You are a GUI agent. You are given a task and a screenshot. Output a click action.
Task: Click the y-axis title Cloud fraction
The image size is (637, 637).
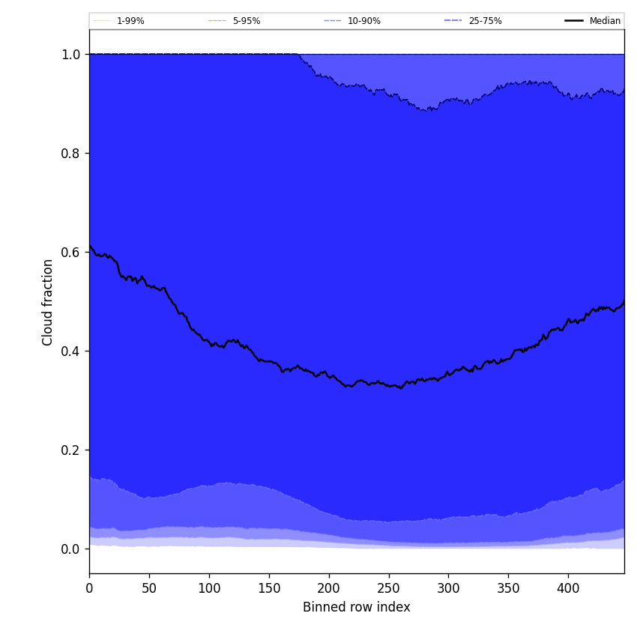click(48, 302)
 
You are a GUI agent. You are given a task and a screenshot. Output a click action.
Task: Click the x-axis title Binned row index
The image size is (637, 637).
click(356, 607)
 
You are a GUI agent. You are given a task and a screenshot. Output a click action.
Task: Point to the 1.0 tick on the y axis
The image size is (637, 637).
click(70, 55)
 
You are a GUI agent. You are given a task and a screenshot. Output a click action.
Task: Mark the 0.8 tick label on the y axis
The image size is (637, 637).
click(70, 154)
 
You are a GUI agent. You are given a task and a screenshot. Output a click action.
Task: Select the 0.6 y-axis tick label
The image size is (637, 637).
click(70, 253)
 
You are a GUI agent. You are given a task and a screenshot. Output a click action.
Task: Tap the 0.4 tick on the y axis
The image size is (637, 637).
click(70, 351)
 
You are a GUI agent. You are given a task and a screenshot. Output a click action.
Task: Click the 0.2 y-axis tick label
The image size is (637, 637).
click(70, 450)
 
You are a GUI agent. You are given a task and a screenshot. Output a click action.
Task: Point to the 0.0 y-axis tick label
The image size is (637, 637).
click(70, 549)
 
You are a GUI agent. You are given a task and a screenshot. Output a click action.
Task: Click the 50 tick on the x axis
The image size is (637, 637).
click(149, 588)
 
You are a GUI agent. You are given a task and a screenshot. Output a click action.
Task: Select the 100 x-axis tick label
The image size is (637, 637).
click(209, 588)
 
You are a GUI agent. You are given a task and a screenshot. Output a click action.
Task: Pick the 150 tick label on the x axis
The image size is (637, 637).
click(269, 588)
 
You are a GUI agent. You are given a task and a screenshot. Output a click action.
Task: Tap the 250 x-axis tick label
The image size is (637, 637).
click(388, 588)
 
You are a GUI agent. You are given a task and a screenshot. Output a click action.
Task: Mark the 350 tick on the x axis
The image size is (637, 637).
click(508, 588)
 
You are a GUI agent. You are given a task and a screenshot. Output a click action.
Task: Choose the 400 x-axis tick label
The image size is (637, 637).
click(568, 588)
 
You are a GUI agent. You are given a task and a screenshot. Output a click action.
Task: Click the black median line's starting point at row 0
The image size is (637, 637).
click(90, 246)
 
